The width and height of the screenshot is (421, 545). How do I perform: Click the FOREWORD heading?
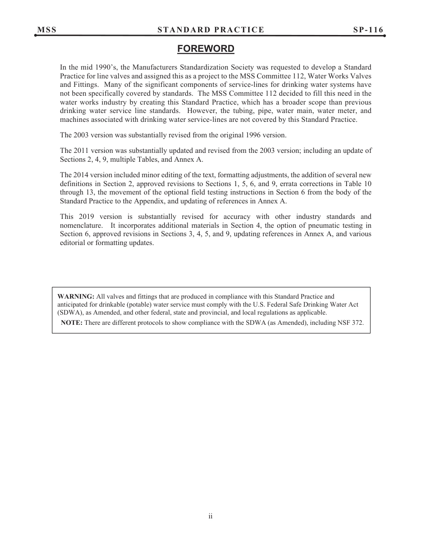[206, 49]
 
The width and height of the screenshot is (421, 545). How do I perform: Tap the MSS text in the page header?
[47, 30]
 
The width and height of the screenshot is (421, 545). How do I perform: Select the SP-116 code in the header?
[368, 30]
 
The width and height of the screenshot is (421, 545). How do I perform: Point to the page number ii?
[210, 516]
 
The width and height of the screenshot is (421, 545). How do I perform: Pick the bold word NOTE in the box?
[72, 323]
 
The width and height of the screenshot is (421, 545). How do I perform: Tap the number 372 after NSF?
[358, 323]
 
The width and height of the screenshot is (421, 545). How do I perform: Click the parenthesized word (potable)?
[128, 305]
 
